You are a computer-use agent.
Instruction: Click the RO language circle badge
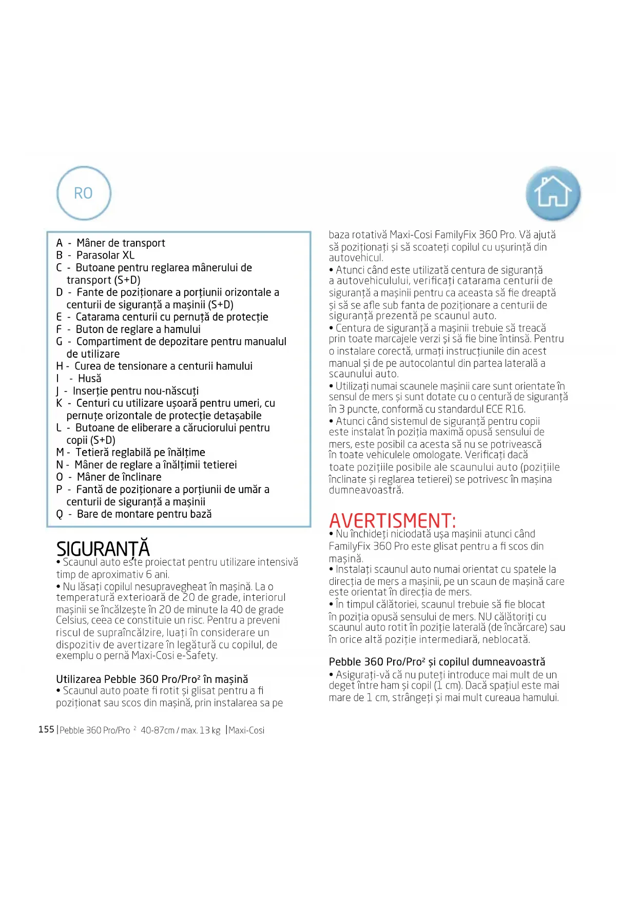84,193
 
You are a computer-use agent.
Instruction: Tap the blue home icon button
553,193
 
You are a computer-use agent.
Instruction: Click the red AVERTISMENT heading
392,520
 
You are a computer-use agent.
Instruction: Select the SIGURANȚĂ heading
103,549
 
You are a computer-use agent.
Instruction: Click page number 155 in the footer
46,729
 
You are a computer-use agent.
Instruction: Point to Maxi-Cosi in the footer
246,730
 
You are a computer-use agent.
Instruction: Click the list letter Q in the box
60,514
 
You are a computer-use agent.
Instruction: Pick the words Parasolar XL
105,255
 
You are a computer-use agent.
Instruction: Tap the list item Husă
89,378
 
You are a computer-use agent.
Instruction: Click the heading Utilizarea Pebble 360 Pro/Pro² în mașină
152,679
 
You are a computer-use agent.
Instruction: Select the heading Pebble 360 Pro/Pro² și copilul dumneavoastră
437,661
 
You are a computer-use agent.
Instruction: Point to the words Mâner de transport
121,243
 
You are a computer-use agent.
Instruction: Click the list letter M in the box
60,452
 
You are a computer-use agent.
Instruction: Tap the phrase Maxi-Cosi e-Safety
175,655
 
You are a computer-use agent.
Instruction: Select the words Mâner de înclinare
119,477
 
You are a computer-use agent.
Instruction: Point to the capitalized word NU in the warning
485,616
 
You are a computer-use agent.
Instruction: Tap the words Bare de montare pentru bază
144,514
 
